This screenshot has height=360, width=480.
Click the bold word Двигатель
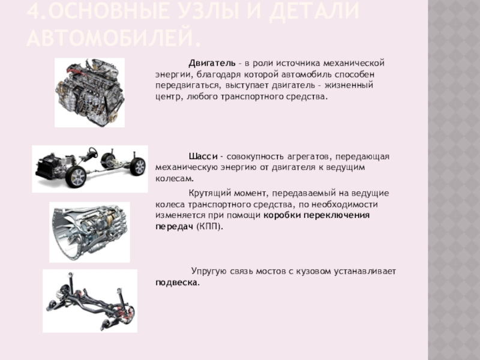[212, 64]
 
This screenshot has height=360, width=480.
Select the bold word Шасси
[203, 157]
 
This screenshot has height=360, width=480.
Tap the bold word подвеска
[178, 283]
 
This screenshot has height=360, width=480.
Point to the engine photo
[89, 92]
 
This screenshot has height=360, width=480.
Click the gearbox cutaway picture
[89, 232]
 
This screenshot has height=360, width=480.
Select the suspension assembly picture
[89, 301]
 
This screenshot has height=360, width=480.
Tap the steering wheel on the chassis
[92, 152]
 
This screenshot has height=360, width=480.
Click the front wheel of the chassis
[76, 176]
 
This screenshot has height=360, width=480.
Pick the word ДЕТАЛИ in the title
[314, 11]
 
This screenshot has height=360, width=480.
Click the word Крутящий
[209, 194]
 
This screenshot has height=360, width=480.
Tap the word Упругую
[209, 272]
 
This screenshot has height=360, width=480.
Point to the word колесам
[175, 178]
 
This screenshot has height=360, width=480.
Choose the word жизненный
[349, 85]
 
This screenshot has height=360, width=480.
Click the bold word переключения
[337, 215]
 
